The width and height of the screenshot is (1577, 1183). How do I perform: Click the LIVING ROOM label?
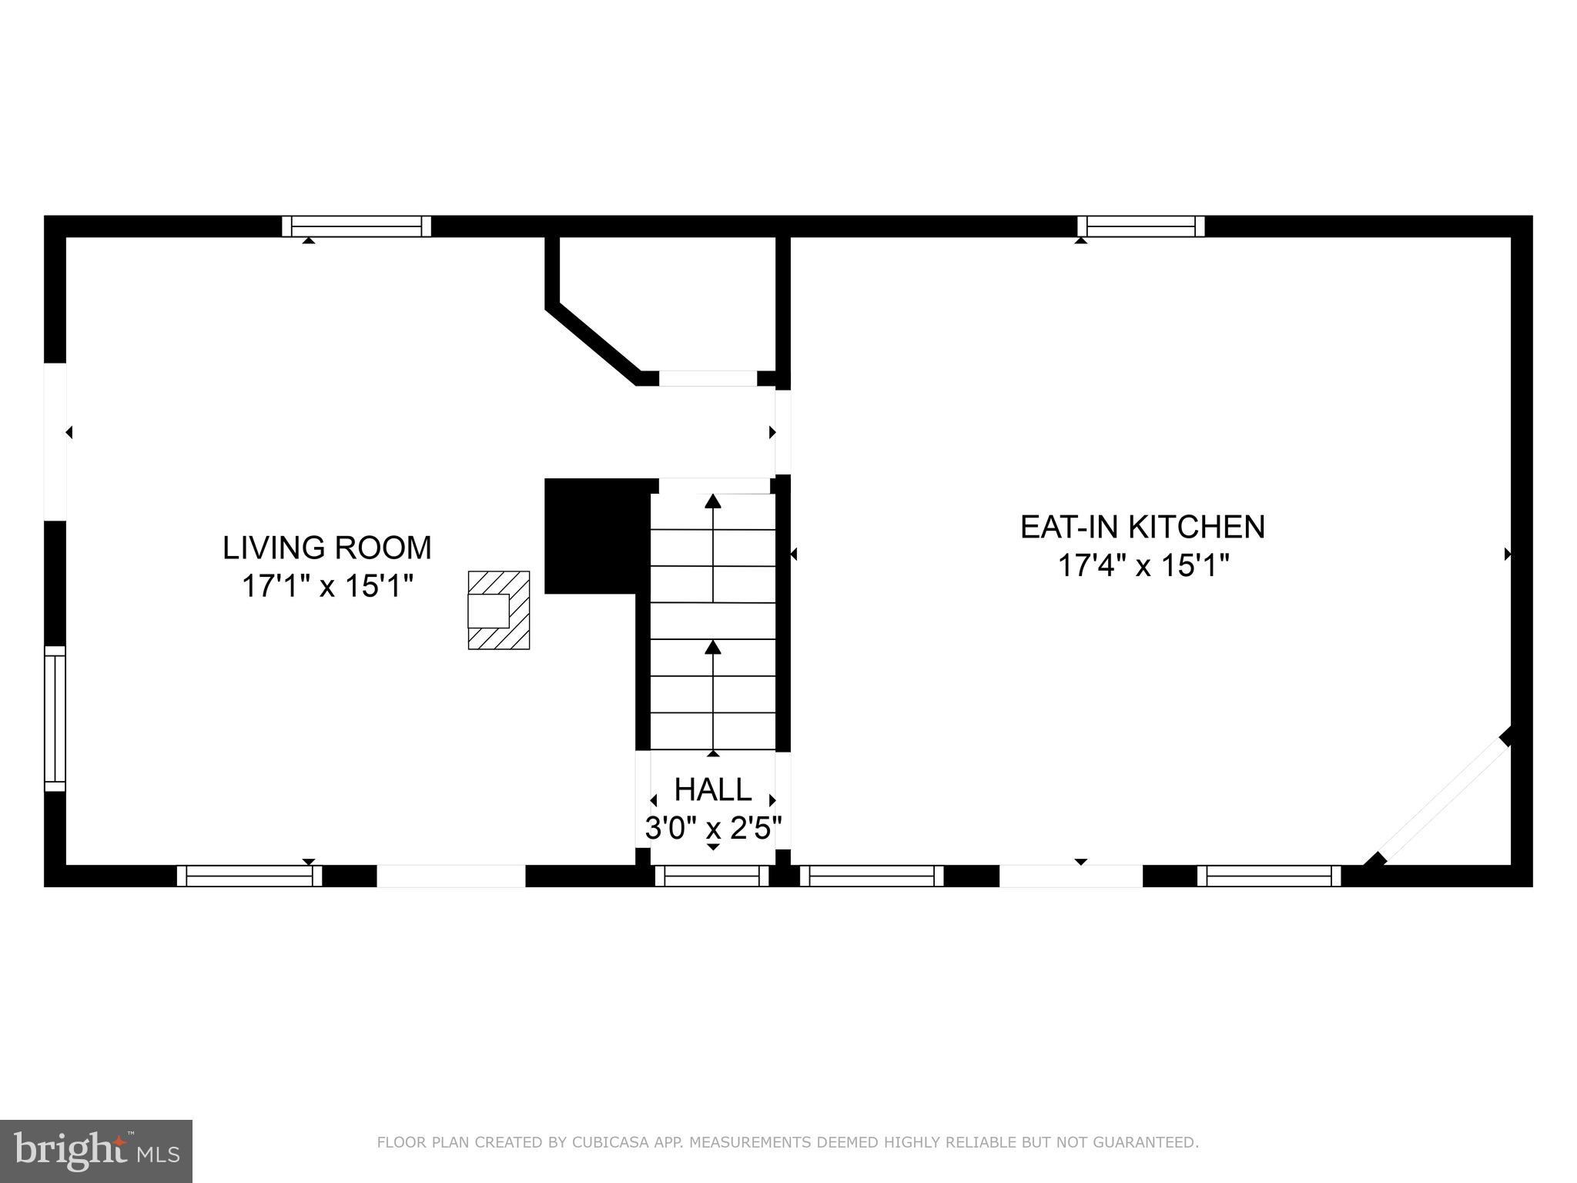pos(326,548)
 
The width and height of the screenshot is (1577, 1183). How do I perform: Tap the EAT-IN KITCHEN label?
pos(1142,528)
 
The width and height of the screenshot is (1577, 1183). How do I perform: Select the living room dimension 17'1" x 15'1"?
pos(328,587)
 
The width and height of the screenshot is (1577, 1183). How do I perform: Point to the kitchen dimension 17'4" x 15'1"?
pos(1143,566)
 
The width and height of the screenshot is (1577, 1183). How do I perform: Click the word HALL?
pos(713,790)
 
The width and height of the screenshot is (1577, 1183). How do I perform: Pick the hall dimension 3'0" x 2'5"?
pos(713,829)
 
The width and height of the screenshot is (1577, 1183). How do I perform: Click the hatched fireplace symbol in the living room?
pos(499,610)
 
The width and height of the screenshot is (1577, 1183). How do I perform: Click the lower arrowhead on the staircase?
pos(713,648)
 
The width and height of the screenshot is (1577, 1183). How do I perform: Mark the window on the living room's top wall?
pos(357,226)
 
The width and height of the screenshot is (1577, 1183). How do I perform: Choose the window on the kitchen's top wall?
pos(1140,226)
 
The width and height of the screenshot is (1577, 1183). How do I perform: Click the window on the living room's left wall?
pos(55,718)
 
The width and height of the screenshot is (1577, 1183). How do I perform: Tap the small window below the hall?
pos(712,876)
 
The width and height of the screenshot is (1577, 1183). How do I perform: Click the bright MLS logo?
pos(95,1151)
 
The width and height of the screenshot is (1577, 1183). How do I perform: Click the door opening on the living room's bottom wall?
pos(451,876)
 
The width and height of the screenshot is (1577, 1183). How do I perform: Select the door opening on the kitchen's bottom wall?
pos(1070,876)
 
